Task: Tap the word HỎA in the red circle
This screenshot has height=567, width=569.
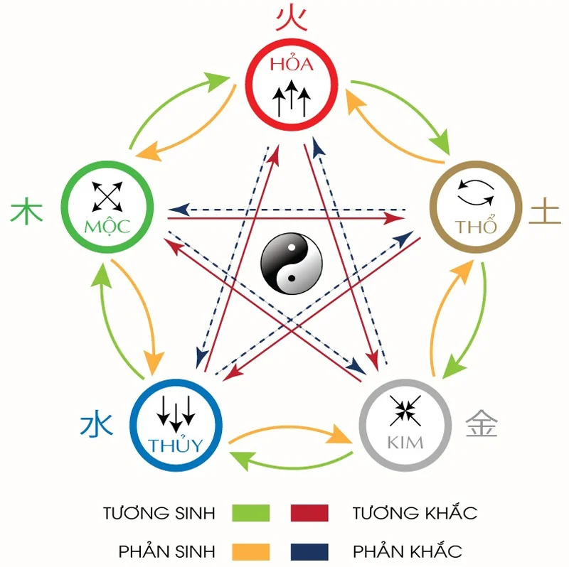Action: (x=291, y=65)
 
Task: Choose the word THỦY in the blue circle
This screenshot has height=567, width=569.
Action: (x=176, y=445)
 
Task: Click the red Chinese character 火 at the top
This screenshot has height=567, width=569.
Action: (x=292, y=18)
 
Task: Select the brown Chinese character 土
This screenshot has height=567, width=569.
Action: (x=546, y=212)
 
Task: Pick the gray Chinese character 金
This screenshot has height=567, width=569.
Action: (x=482, y=424)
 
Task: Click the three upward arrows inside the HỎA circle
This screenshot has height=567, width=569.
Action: (x=292, y=99)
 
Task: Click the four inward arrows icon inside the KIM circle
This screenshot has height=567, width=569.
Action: (x=406, y=410)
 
